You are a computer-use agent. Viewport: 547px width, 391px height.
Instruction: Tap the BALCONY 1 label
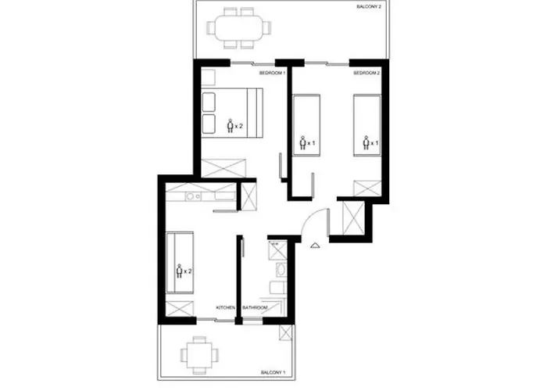(x=272, y=371)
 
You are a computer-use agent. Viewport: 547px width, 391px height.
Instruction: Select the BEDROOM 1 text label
(x=273, y=73)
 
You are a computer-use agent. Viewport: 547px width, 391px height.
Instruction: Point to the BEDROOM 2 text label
(x=366, y=73)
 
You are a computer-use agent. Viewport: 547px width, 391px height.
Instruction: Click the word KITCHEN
(x=225, y=308)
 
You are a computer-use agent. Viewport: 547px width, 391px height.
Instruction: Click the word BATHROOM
(x=255, y=308)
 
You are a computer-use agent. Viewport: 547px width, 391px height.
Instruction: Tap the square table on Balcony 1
(x=198, y=353)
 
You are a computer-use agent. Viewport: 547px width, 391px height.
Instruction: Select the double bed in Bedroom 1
(x=231, y=114)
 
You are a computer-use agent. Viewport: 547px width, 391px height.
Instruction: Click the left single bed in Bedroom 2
(x=306, y=124)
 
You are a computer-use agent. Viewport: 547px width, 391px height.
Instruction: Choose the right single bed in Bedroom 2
(x=367, y=125)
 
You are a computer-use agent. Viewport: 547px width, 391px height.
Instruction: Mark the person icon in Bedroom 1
(x=230, y=125)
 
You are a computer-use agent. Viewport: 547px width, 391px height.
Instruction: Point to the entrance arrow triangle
(x=314, y=245)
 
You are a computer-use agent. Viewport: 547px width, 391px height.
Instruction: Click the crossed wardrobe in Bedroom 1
(x=224, y=167)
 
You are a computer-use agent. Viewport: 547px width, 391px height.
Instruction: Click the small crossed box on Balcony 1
(x=287, y=334)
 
